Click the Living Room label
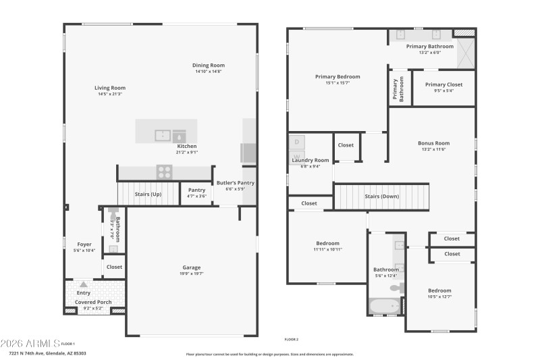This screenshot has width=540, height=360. coord(109,88)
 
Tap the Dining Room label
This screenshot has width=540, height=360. coord(209,65)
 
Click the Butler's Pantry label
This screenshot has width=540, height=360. coord(235,183)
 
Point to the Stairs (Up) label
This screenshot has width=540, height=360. coord(148,195)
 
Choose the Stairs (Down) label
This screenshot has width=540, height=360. coord(382,197)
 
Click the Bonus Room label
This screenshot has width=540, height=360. coord(433,143)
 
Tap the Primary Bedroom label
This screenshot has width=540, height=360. coord(337,77)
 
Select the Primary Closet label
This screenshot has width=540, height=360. coord(443,84)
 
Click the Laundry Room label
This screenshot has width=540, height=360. coord(310,160)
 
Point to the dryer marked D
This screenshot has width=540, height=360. coord(297,142)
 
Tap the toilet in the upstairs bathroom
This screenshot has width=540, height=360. coord(398,288)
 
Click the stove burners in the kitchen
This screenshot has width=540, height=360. coord(164,172)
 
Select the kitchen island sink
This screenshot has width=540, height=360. coord(163,135)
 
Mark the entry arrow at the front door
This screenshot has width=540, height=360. coord(83,284)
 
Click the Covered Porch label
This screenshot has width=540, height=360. coord(93,302)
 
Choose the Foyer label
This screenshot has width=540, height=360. coord(84,245)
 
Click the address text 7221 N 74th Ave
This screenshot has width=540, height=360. coord(47,353)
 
